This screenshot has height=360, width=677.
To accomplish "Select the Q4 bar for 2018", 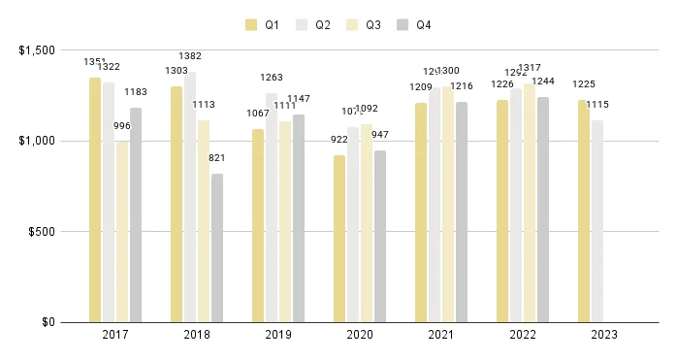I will [216, 247].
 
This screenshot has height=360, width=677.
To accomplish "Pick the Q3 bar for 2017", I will [122, 232].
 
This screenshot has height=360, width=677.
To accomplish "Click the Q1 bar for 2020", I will [339, 239].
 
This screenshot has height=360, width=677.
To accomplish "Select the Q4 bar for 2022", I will [542, 210].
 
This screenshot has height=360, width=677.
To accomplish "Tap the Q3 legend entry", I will [361, 24].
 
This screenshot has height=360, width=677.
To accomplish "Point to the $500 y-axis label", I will [48, 232].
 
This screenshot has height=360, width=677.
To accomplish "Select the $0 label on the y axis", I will [54, 322].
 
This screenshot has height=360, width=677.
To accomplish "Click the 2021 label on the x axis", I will [441, 335].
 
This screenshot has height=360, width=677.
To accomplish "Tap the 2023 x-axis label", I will [603, 335].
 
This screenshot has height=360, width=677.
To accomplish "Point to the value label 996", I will [122, 127].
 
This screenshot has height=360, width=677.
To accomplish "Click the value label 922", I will [339, 141].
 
